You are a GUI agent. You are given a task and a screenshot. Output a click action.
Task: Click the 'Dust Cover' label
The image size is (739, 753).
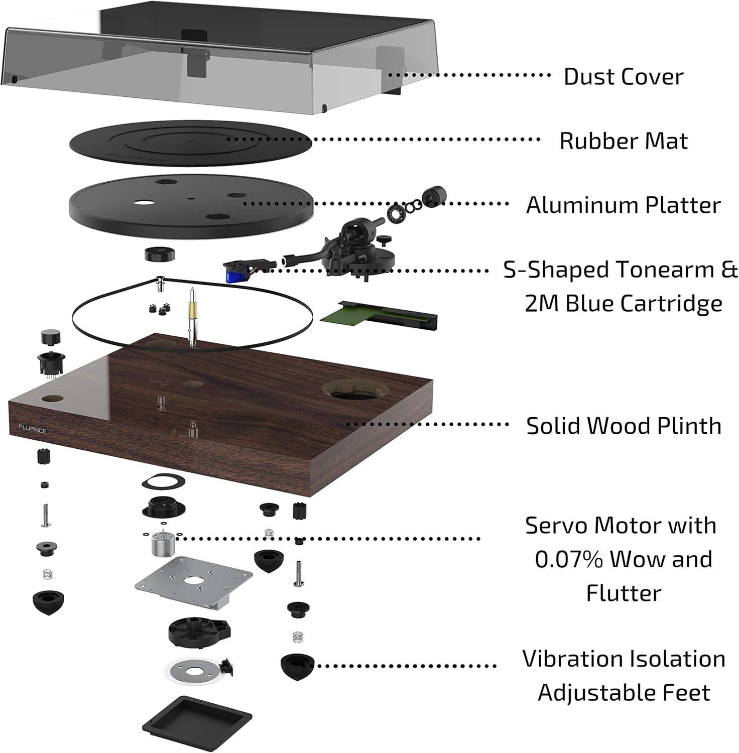pos(623,77)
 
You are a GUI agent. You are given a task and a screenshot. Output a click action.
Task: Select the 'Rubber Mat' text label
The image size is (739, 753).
pos(623,141)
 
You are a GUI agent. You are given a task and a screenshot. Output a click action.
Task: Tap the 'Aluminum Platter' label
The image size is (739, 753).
pos(623,205)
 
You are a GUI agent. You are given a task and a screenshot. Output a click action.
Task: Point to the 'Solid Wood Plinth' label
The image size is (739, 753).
pos(624,426)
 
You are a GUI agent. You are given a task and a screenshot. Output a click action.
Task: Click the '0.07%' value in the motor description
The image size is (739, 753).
pos(568,559)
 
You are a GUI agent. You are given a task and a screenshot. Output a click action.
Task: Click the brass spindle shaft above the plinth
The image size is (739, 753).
pos(192,306)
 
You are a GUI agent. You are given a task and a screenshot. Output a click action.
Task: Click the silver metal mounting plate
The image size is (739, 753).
pos(193,582)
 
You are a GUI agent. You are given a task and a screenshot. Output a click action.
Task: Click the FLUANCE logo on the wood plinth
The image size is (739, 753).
pos(33,430)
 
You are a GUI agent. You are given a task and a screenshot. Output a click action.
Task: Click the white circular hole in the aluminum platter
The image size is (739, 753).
pos(144,203)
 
